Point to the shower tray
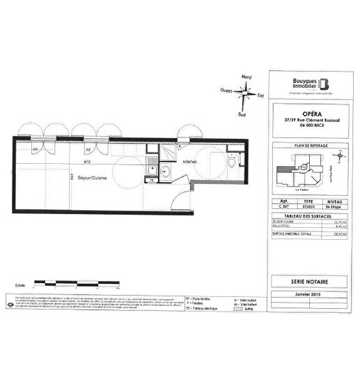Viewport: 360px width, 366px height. [167, 153]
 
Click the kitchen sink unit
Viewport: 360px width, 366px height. [150, 165]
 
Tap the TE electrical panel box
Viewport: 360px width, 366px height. [152, 180]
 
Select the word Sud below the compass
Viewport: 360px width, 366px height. [241, 113]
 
